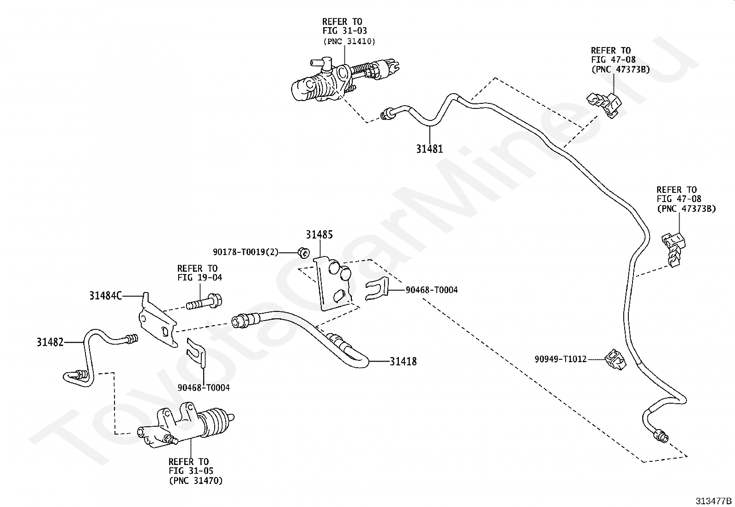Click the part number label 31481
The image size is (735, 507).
(x=429, y=149)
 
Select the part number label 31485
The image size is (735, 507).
(x=319, y=234)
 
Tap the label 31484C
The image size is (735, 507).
(x=106, y=296)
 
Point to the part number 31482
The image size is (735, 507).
(x=50, y=342)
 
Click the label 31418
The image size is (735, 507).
(x=403, y=361)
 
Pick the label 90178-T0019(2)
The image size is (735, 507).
(x=246, y=252)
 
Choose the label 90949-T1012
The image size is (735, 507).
(x=561, y=359)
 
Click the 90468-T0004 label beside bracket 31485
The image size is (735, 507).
(x=432, y=290)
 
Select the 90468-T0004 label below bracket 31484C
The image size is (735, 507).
(x=204, y=388)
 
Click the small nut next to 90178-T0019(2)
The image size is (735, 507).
(x=303, y=253)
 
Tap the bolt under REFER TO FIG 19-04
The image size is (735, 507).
(x=204, y=302)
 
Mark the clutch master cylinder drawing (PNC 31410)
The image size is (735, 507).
(x=344, y=80)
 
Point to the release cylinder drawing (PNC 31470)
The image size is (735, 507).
(x=186, y=425)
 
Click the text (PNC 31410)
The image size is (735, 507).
(x=349, y=42)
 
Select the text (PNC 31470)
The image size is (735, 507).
(x=196, y=481)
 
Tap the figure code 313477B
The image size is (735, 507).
(x=714, y=501)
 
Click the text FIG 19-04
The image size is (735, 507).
(x=200, y=277)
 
